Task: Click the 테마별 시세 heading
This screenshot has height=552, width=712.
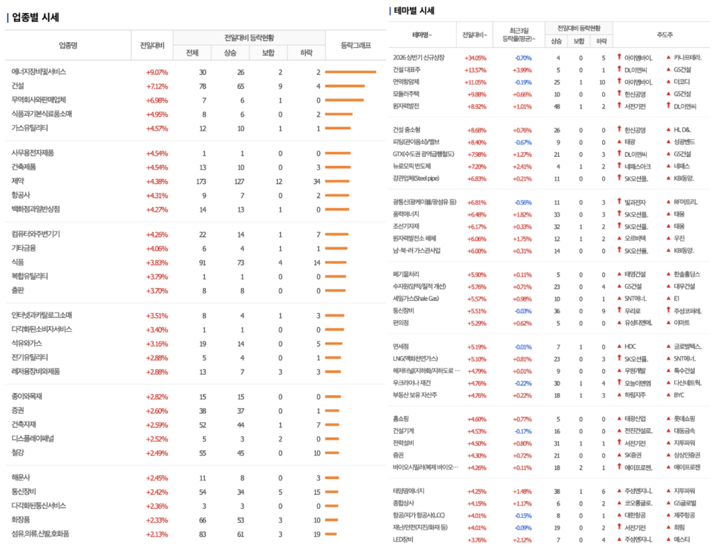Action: click(414, 11)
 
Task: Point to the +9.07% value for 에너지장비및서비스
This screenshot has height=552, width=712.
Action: click(156, 72)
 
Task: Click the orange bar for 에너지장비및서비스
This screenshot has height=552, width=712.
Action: click(350, 72)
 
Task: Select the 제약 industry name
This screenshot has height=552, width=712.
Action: click(17, 181)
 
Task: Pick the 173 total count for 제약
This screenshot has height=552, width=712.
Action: click(202, 181)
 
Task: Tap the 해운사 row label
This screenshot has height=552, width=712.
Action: click(22, 478)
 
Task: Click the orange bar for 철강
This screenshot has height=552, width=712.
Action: click(332, 453)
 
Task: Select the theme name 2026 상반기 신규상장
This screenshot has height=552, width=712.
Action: click(419, 58)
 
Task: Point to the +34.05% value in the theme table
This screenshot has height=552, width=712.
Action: click(476, 58)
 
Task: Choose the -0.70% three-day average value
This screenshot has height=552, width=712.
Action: click(523, 58)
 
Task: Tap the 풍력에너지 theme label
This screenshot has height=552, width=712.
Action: click(406, 215)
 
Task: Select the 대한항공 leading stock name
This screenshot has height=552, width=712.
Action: click(636, 515)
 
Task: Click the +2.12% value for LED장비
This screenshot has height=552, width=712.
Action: click(522, 540)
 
